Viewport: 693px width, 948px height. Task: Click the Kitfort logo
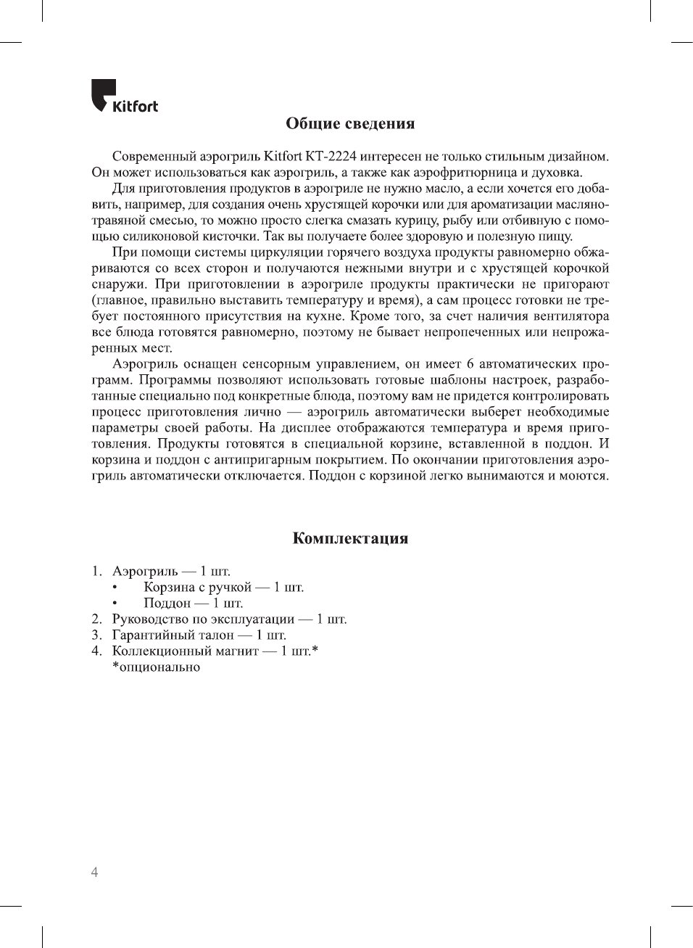click(124, 97)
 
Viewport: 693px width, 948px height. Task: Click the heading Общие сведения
click(350, 123)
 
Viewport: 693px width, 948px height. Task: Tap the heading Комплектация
click(350, 538)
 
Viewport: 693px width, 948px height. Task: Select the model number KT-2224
click(331, 157)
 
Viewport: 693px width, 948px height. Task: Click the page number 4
click(94, 872)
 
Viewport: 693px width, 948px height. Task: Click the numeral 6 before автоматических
click(470, 364)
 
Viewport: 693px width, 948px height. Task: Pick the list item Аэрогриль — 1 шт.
click(171, 572)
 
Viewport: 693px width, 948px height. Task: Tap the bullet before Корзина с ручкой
click(115, 588)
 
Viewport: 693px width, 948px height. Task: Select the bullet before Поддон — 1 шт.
click(115, 603)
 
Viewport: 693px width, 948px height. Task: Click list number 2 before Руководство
click(96, 619)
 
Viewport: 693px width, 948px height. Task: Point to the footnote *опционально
click(156, 667)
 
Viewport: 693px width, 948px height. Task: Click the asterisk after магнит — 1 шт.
click(315, 650)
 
